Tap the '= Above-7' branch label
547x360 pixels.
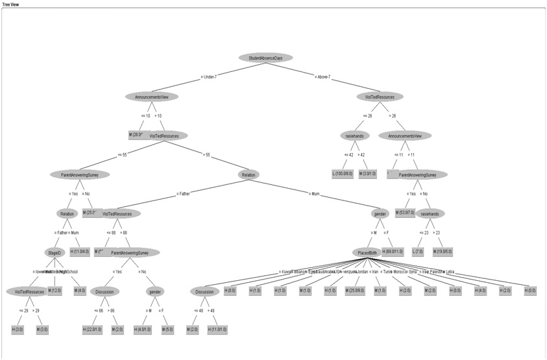point(322,77)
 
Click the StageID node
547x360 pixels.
point(53,252)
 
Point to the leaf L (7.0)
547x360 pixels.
point(419,252)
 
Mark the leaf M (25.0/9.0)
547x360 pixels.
point(357,291)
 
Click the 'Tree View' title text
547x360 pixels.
point(11,4)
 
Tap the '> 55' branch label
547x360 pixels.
point(207,154)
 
